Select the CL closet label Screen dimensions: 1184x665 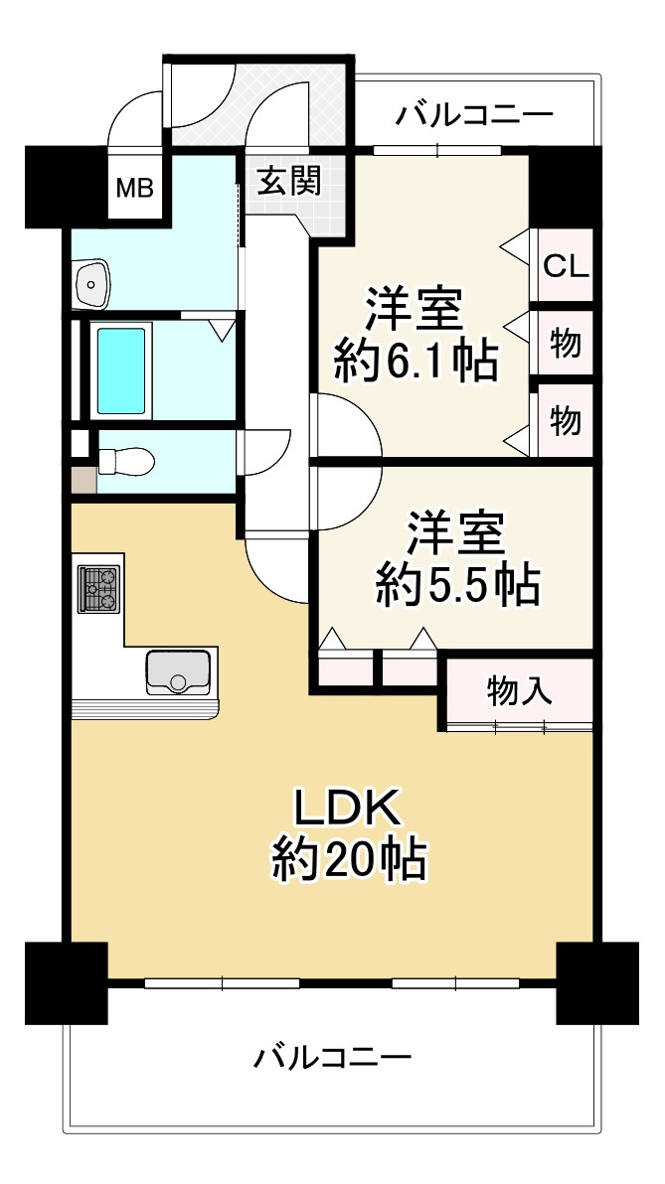pos(566,266)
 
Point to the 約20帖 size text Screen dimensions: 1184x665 pos(350,859)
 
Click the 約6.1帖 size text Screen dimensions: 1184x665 pos(415,364)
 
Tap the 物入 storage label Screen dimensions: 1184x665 pos(519,690)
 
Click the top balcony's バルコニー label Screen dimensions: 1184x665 pos(473,116)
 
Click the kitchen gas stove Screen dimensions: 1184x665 pos(98,588)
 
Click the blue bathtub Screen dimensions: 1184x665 pos(119,368)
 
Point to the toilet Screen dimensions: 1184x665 pos(125,461)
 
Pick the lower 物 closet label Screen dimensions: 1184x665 pos(566,421)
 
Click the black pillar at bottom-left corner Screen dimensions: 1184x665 pos(65,982)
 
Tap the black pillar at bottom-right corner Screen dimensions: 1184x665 pos(596,982)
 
